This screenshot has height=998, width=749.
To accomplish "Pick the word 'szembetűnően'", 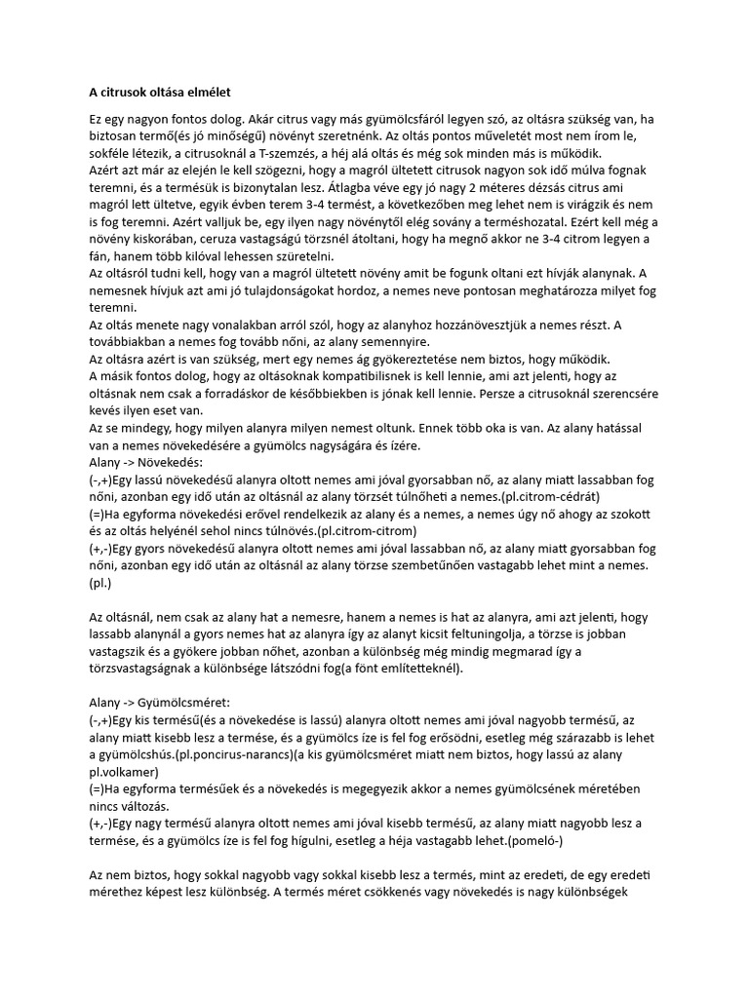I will (452, 565).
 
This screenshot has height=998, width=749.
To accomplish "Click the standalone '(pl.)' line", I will (99, 583).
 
